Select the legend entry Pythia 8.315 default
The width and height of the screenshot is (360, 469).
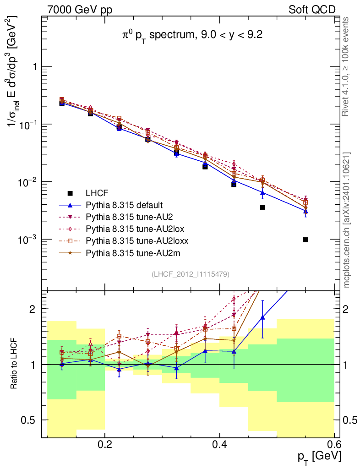[124, 205]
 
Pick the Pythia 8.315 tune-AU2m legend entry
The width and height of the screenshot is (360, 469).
[128, 252]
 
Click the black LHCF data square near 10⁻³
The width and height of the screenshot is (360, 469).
[305, 240]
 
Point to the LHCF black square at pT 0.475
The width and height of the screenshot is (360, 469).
[262, 207]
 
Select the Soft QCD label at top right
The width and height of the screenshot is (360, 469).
[312, 9]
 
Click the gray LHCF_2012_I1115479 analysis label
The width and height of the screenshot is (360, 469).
[191, 274]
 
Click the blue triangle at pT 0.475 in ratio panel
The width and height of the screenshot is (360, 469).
[262, 317]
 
